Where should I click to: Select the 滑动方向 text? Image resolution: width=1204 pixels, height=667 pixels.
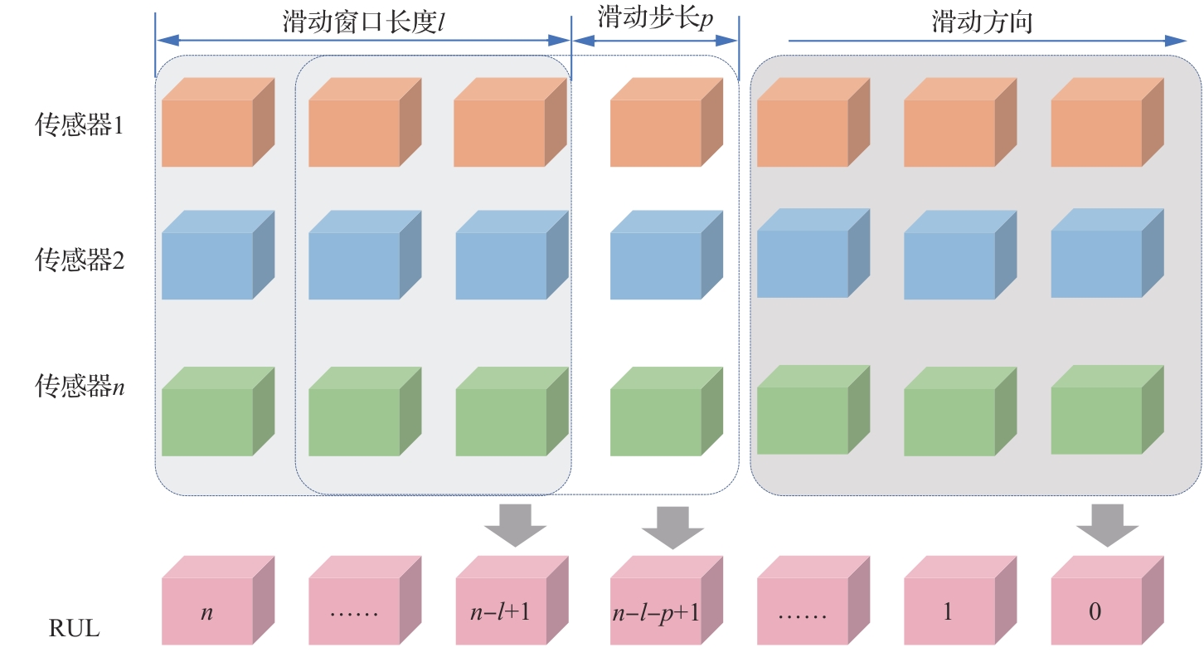coord(982,22)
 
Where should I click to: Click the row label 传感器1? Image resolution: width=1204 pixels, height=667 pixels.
coord(80,126)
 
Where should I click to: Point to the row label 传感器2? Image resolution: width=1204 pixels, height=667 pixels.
coord(80,260)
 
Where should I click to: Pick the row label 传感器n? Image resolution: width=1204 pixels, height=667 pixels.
coord(80,387)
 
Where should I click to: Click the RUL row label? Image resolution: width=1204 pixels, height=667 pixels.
coord(73,629)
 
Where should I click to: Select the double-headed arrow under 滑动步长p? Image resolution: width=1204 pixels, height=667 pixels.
coord(655,41)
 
